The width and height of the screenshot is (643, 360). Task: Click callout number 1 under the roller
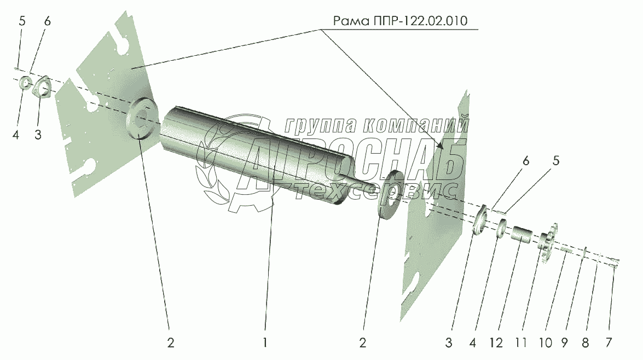[x=265, y=343]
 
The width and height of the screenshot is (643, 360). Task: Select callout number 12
[x=496, y=343]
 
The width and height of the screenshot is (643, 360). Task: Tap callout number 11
[x=520, y=343]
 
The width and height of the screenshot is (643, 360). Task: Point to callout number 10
[x=544, y=343]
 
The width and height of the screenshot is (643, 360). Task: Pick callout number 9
[x=564, y=343]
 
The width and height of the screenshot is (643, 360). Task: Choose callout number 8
[x=585, y=343]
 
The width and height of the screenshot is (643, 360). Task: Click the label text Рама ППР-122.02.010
[x=406, y=21]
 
